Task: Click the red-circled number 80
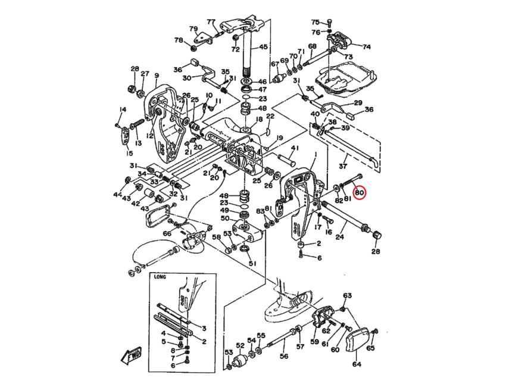pos(360,193)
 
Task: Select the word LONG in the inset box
pos(160,277)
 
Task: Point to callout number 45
pos(263,47)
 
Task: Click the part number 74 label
pos(366,46)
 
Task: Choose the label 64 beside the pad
pos(357,364)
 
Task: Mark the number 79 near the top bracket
pos(193,29)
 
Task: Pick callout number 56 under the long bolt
pos(284,356)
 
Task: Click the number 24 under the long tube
pos(339,236)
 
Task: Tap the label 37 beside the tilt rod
pos(342,165)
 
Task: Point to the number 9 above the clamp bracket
pos(157,76)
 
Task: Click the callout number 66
pos(167,234)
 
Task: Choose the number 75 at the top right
pos(316,21)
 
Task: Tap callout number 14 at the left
pos(123,109)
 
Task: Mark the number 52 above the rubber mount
pos(240,345)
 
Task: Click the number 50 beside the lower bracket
pos(224,219)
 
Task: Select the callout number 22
pos(270,116)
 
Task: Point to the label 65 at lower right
pos(371,348)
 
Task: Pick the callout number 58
pos(217,238)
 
